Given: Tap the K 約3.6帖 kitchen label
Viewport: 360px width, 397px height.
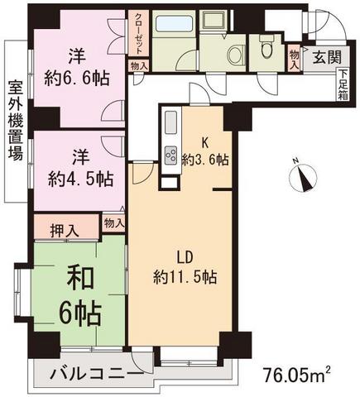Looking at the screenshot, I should pos(207,152).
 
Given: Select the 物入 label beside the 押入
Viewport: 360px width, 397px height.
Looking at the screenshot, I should pos(113,222).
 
